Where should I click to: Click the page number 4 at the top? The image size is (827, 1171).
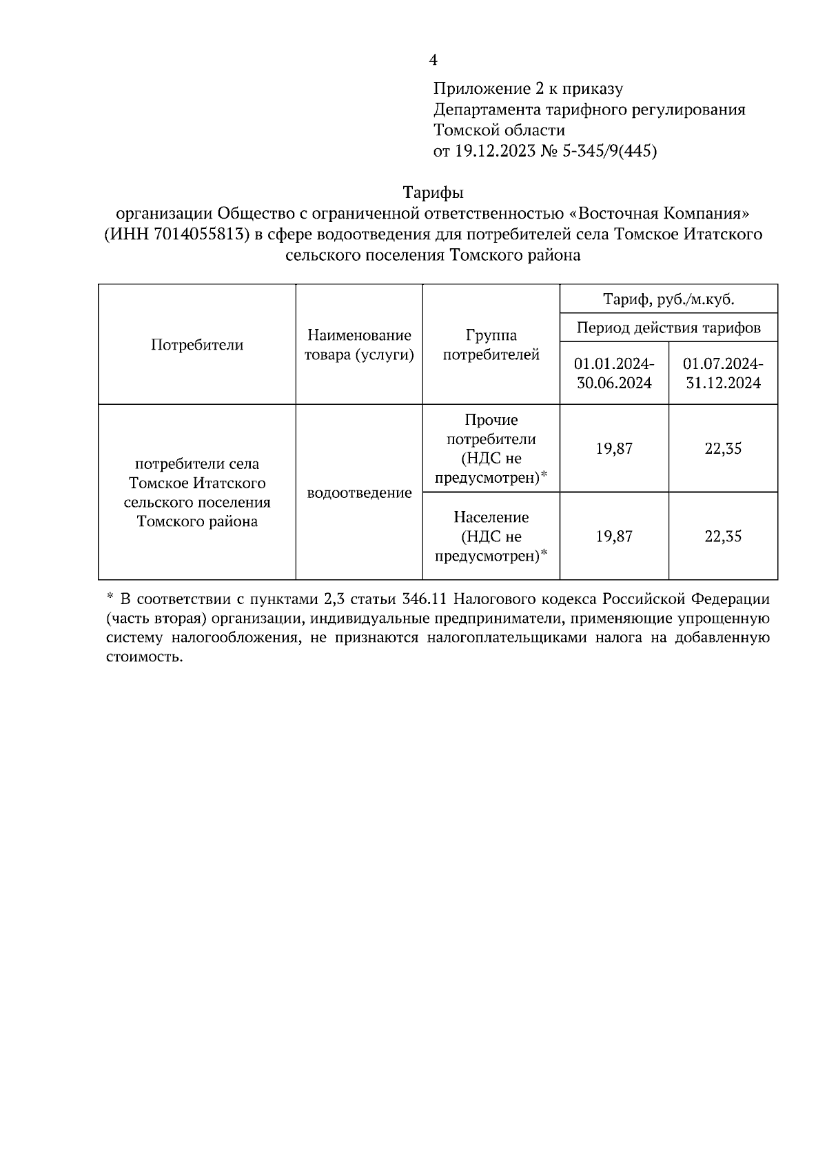pos(433,61)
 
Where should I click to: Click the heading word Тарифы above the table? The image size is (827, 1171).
pos(433,192)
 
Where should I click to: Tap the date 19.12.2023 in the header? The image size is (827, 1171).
pos(495,151)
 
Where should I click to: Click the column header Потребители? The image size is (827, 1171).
pos(197,345)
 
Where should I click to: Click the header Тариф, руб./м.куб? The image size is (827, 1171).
pos(668,299)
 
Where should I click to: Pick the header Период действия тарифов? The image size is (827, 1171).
pos(668,328)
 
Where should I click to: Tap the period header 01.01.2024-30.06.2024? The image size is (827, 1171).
pos(614,373)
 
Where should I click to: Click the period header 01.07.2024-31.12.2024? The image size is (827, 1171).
pos(723,373)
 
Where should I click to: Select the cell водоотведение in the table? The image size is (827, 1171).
pos(359,493)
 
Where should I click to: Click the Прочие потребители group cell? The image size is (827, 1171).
pos(491,448)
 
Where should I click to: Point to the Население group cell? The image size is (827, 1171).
pos(491,536)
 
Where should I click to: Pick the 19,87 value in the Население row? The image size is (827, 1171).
pos(614,536)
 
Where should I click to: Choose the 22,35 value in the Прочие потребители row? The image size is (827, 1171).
pos(723,448)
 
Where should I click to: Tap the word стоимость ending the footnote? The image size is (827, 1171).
pos(145,657)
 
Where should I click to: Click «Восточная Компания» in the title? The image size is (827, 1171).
pos(663,213)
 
